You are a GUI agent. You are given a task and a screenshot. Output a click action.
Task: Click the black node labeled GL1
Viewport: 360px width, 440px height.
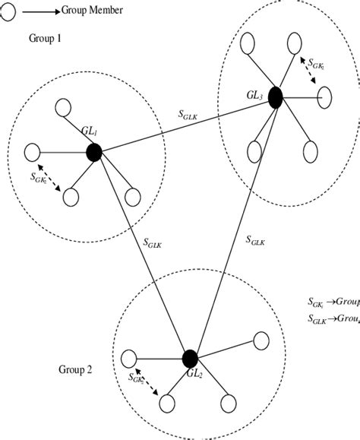point(94,153)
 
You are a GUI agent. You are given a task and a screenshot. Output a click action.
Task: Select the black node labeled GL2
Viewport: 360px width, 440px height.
point(190,358)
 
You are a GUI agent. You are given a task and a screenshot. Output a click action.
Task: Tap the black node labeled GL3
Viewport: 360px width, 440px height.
point(274,97)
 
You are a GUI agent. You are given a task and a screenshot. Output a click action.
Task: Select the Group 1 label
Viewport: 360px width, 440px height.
point(46,37)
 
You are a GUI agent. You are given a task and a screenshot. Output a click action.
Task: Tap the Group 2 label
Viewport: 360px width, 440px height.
point(76,370)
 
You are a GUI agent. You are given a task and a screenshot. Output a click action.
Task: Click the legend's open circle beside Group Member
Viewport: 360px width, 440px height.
point(6,9)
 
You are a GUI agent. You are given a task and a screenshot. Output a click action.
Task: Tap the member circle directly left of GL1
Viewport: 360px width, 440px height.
point(32,152)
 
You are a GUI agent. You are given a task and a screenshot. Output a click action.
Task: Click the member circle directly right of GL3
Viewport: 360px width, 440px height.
point(324,97)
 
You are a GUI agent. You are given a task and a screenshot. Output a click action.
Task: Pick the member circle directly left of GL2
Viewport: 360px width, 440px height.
point(128,355)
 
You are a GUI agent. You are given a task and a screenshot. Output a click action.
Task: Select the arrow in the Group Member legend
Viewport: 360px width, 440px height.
point(41,10)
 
